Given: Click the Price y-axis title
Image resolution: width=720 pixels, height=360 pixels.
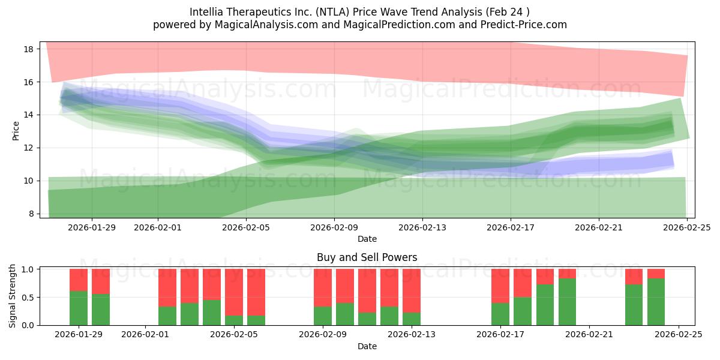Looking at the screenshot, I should coord(16,131).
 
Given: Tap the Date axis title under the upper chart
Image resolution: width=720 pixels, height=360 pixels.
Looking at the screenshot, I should coord(367,239).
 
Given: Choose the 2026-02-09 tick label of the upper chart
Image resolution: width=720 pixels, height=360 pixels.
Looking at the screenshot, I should coord(334,227).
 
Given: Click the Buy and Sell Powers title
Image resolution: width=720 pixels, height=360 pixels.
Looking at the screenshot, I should coord(367,257).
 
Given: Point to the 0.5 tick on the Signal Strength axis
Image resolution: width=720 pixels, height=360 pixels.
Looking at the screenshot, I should coord(28,298).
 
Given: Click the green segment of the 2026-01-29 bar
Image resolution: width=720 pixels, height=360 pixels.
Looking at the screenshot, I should coord(79,308).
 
